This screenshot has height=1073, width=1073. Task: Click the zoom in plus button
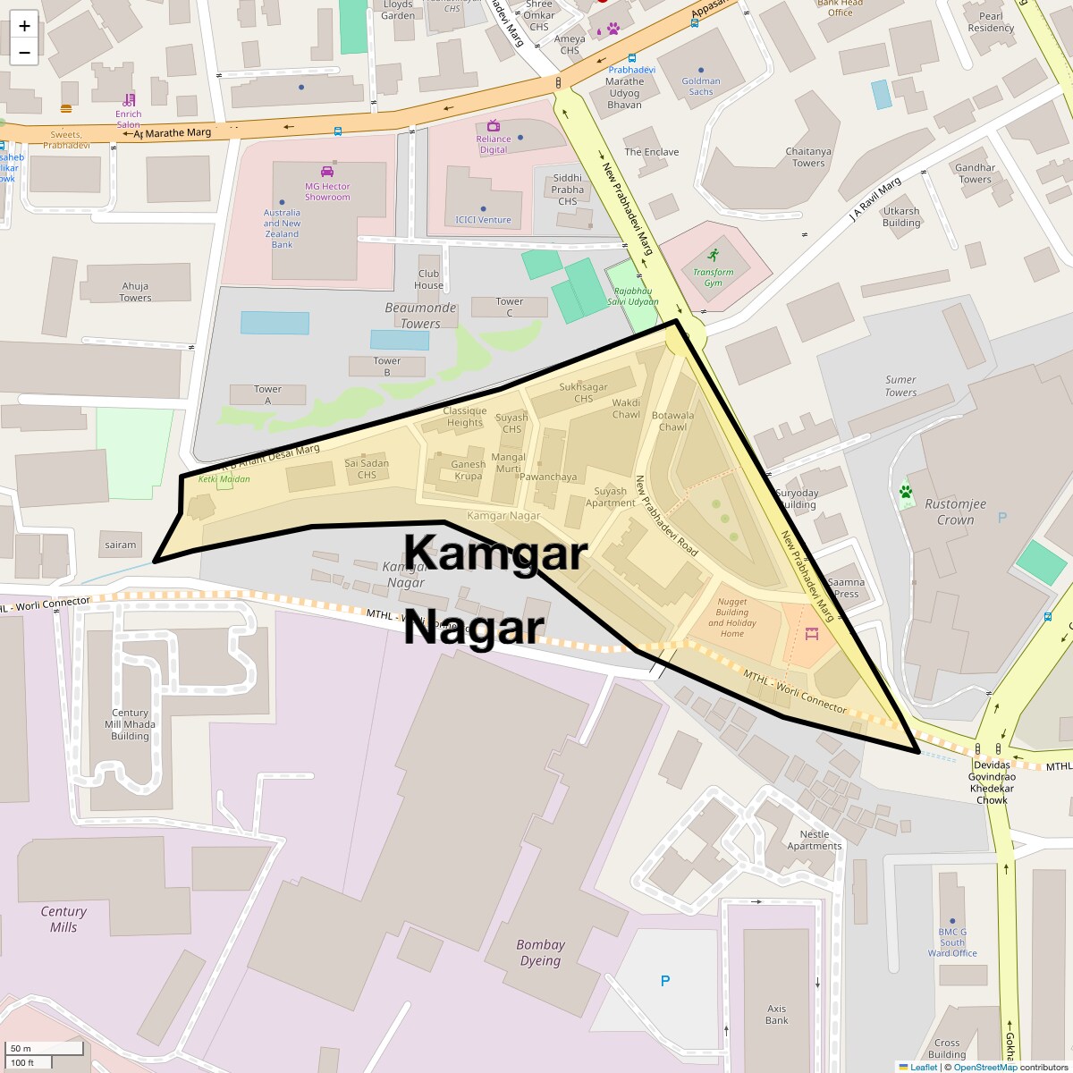pyautogui.click(x=24, y=26)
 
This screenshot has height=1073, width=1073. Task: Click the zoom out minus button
pyautogui.click(x=24, y=52)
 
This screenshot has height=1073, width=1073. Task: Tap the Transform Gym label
pyautogui.click(x=713, y=277)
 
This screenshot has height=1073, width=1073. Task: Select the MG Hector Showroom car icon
pyautogui.click(x=326, y=172)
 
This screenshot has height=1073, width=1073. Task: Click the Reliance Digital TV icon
pyautogui.click(x=493, y=125)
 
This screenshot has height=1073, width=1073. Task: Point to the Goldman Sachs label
pyautogui.click(x=700, y=86)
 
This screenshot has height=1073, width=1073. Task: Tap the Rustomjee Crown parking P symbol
pyautogui.click(x=1001, y=518)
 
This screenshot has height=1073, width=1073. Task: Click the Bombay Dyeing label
pyautogui.click(x=540, y=952)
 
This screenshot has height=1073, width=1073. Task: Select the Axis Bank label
pyautogui.click(x=776, y=1014)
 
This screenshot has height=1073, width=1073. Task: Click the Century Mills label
pyautogui.click(x=63, y=919)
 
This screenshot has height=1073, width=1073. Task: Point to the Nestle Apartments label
pyautogui.click(x=814, y=840)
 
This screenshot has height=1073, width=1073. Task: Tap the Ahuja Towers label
pyautogui.click(x=135, y=291)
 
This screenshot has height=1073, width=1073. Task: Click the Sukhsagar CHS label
pyautogui.click(x=583, y=393)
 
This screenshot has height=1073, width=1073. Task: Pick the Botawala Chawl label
pyautogui.click(x=672, y=420)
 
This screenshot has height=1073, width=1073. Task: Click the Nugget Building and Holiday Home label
pyautogui.click(x=731, y=618)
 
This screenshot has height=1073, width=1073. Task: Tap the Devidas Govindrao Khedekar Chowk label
pyautogui.click(x=991, y=782)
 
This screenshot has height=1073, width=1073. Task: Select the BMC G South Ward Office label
pyautogui.click(x=951, y=942)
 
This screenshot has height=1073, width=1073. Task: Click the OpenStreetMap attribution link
pyautogui.click(x=984, y=1067)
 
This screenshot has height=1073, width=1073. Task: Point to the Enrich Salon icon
pyautogui.click(x=130, y=98)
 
